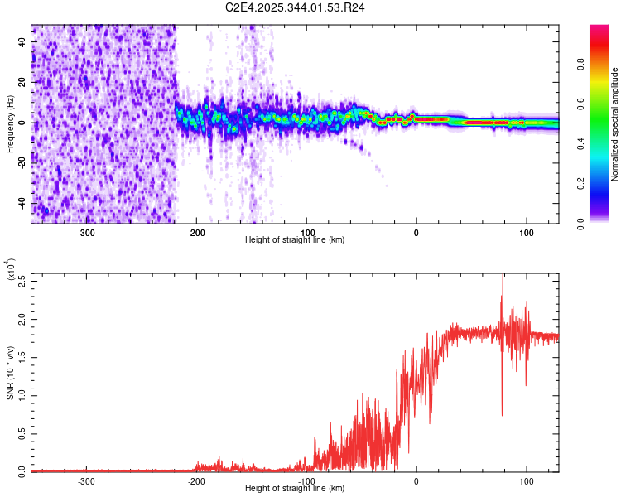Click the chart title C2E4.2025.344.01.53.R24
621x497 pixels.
296,7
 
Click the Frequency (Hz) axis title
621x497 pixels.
10,123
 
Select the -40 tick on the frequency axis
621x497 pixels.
22,203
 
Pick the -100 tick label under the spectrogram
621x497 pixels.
306,232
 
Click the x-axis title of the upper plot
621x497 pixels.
296,240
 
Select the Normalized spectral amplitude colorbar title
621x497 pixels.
615,124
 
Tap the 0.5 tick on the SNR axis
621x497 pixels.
22,433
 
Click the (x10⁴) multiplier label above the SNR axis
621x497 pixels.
12,269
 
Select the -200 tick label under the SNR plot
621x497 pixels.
196,480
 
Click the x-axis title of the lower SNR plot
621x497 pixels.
296,489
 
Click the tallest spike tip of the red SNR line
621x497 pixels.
503,276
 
